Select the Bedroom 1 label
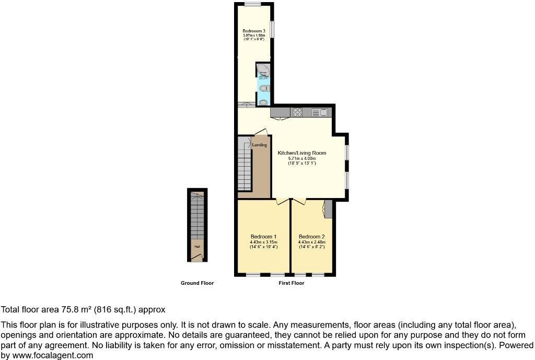point(263,236)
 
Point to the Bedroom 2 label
point(311,236)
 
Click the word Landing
point(260,145)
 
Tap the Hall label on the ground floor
point(197,247)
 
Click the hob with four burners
point(298,111)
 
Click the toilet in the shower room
point(264,88)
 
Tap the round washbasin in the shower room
point(264,102)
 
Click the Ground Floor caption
point(197,283)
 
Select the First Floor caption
point(292,283)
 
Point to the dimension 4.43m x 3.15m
point(263,242)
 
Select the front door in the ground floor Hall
point(196,256)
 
